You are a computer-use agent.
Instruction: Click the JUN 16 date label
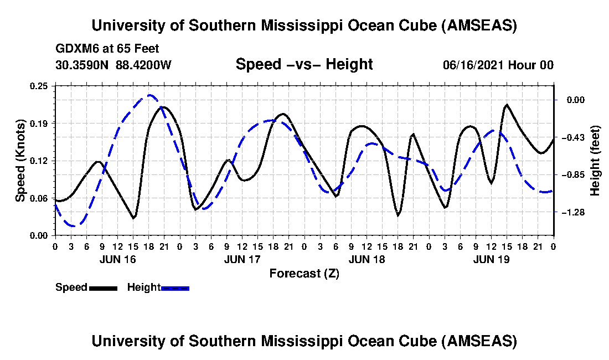117,259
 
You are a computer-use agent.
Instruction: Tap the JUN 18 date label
367,259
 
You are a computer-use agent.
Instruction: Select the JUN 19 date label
492,259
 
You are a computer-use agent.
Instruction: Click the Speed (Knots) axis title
20,160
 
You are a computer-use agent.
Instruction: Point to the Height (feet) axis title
595,161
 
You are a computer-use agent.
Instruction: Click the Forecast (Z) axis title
304,273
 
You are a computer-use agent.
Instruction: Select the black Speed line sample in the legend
102,288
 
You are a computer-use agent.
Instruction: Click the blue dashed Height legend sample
175,288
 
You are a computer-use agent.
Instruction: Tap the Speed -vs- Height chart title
304,64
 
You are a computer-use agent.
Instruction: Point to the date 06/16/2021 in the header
473,65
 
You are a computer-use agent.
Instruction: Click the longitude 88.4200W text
143,65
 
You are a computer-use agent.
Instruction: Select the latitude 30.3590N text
83,65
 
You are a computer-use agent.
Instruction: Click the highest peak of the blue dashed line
149,95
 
